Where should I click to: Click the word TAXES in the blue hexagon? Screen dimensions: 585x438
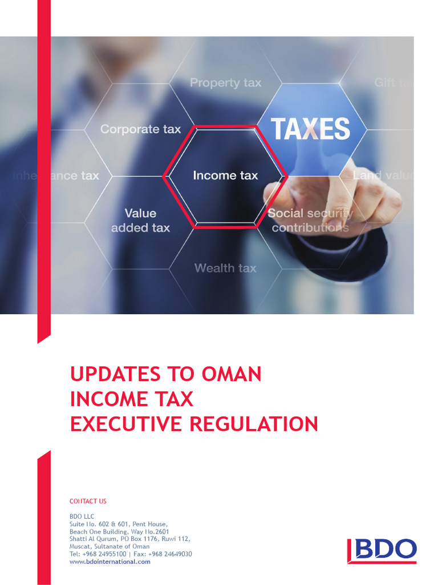click(x=310, y=129)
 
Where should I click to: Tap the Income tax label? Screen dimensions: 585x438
click(x=225, y=175)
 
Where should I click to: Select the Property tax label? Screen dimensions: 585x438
click(x=225, y=83)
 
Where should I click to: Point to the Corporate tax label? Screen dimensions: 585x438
click(x=140, y=129)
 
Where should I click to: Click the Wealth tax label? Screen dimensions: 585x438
click(x=225, y=268)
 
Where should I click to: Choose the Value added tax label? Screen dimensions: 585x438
click(x=140, y=221)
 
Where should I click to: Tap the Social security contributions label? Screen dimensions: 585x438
click(x=310, y=221)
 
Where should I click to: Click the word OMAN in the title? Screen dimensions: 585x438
click(x=231, y=374)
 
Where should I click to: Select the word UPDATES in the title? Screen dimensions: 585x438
click(x=116, y=374)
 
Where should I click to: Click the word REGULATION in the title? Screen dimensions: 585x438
click(x=253, y=424)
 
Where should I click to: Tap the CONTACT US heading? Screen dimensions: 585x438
click(x=88, y=501)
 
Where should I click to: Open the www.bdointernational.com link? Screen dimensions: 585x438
click(x=109, y=562)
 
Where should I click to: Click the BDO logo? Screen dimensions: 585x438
click(x=382, y=550)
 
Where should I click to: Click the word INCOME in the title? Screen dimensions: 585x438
click(x=106, y=399)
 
